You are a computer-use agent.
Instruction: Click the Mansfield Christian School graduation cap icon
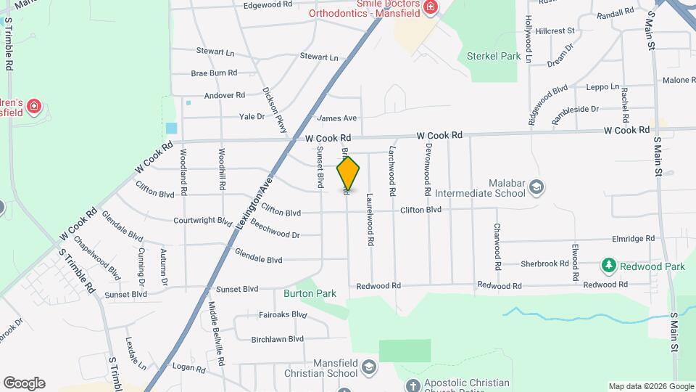369,367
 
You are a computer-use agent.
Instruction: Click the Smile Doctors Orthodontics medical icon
431,7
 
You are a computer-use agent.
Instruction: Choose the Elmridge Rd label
633,238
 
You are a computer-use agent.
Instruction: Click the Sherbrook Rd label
542,264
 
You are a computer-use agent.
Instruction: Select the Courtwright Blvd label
202,220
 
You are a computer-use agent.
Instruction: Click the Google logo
24,383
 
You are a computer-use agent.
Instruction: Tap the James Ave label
337,118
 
